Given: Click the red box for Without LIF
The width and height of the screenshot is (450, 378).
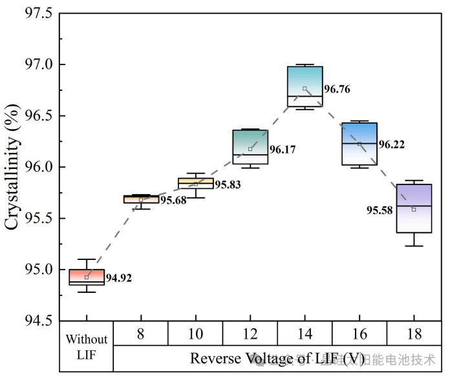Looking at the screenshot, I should click(87, 277).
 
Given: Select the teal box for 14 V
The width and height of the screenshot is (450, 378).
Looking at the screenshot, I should click(305, 86).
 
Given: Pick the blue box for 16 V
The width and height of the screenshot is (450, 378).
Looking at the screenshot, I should click(359, 144).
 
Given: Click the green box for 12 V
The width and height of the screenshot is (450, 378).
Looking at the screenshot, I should click(250, 147).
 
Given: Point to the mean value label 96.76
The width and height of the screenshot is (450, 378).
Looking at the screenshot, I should click(337, 90).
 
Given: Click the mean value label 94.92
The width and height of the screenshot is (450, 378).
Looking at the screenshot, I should click(119, 279).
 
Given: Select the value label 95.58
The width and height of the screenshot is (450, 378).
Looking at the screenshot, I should click(380, 210).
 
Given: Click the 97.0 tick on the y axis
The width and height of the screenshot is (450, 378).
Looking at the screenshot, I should click(40, 65).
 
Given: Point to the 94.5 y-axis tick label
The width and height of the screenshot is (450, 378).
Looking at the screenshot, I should click(40, 321).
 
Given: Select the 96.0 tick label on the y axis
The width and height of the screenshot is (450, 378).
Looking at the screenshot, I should click(40, 167).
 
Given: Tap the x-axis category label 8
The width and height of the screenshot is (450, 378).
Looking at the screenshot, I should click(141, 333).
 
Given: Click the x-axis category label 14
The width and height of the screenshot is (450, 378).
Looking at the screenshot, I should click(305, 333).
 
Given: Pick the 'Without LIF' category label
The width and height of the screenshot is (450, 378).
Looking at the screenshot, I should click(87, 346).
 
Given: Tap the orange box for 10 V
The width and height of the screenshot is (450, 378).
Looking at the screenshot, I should click(196, 183).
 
